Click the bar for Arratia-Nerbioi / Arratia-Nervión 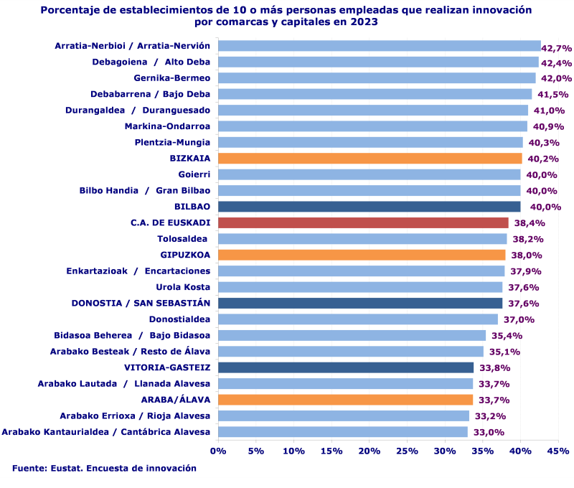click(379, 46)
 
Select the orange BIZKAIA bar click(370, 159)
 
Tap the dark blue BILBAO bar click(369, 207)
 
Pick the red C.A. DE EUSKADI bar click(363, 222)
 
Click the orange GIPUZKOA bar click(362, 255)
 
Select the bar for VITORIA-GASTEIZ click(346, 367)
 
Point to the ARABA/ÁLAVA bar click(345, 400)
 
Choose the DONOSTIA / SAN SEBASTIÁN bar click(360, 303)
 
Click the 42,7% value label click(556, 49)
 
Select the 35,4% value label click(506, 336)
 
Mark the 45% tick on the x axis click(557, 451)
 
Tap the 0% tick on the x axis click(218, 451)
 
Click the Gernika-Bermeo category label click(172, 78)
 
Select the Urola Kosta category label click(183, 287)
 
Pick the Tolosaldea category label click(183, 239)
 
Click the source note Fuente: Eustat click(104, 468)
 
